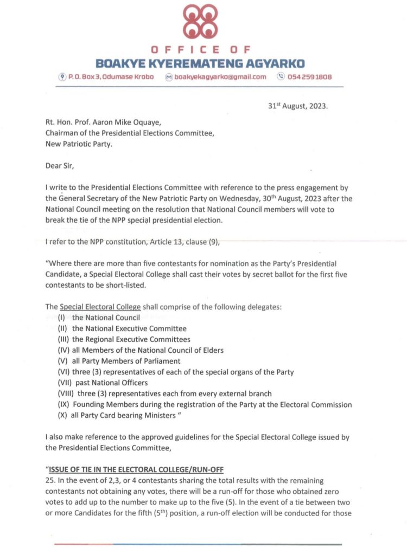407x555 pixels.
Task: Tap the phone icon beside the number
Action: tap(281, 77)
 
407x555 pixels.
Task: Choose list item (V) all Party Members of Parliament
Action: tap(119, 361)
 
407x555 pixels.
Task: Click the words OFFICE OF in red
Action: tap(200, 50)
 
